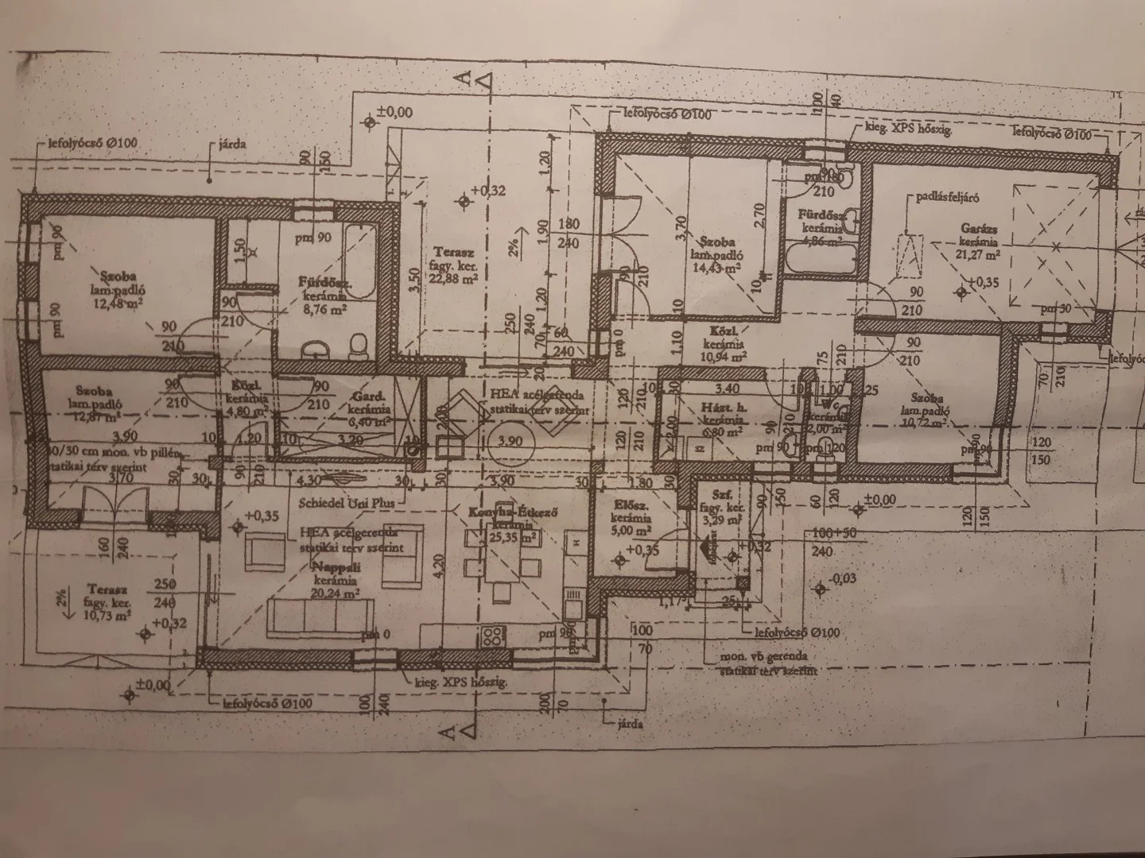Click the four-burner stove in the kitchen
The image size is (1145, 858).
(492, 635)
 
